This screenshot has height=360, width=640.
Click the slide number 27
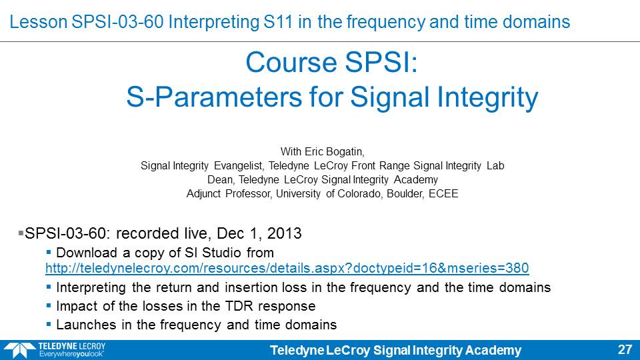(x=625, y=350)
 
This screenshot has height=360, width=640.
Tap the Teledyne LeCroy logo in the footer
(x=55, y=350)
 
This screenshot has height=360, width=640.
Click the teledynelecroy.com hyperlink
(x=287, y=268)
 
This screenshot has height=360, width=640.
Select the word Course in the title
(x=290, y=63)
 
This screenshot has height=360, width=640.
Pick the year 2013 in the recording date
(x=284, y=233)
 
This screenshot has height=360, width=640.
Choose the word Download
(x=87, y=253)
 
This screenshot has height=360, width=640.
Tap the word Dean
(x=221, y=179)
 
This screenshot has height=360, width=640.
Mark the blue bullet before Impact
(x=49, y=306)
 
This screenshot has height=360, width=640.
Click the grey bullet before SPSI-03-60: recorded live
(x=21, y=233)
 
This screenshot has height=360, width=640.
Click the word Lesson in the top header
(x=39, y=22)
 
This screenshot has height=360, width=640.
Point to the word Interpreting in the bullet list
(x=91, y=287)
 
